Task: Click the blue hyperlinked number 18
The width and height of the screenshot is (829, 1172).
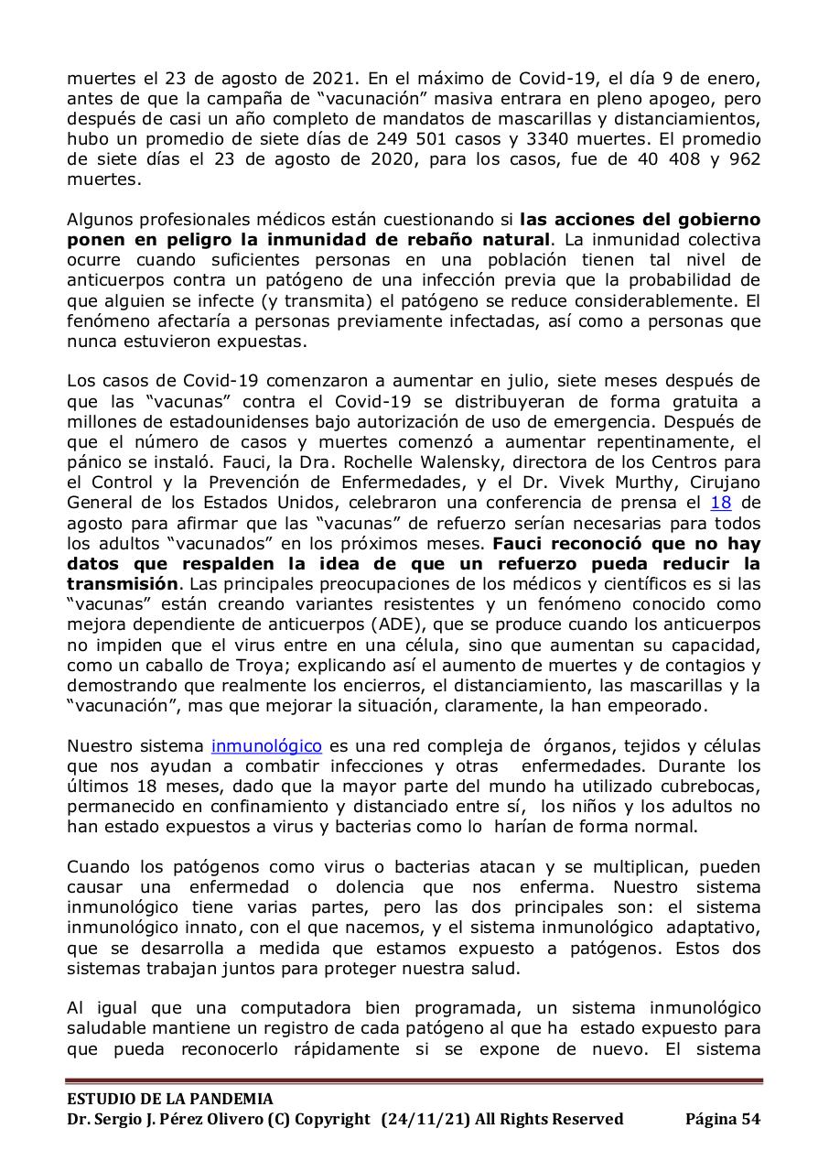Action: pyautogui.click(x=721, y=503)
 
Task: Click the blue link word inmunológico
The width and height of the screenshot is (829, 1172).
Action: pyautogui.click(x=266, y=746)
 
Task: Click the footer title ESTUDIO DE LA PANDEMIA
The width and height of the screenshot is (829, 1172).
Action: pyautogui.click(x=169, y=1099)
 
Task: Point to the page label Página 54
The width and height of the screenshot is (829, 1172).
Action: pyautogui.click(x=723, y=1119)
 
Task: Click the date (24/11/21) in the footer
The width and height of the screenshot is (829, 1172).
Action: pyautogui.click(x=425, y=1119)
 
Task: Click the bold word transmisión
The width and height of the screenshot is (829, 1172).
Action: pyautogui.click(x=122, y=584)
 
